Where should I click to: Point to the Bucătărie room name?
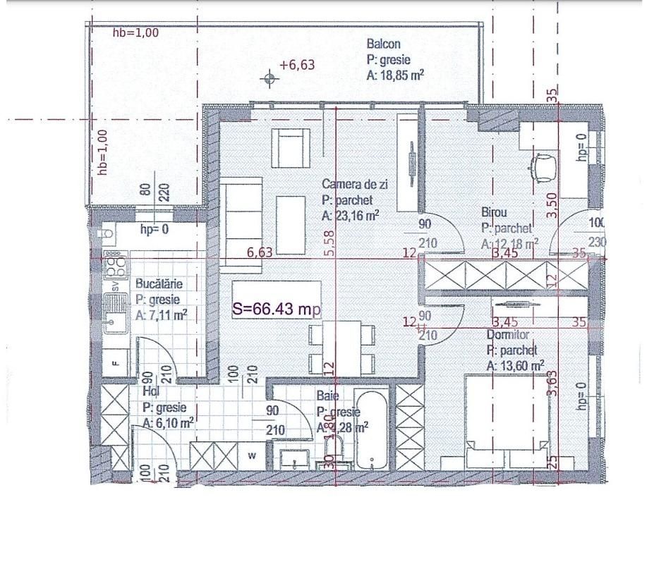coord(159,283)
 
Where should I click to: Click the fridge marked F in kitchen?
coord(116,363)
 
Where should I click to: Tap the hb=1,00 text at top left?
coord(135,32)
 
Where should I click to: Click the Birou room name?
coord(495,212)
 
